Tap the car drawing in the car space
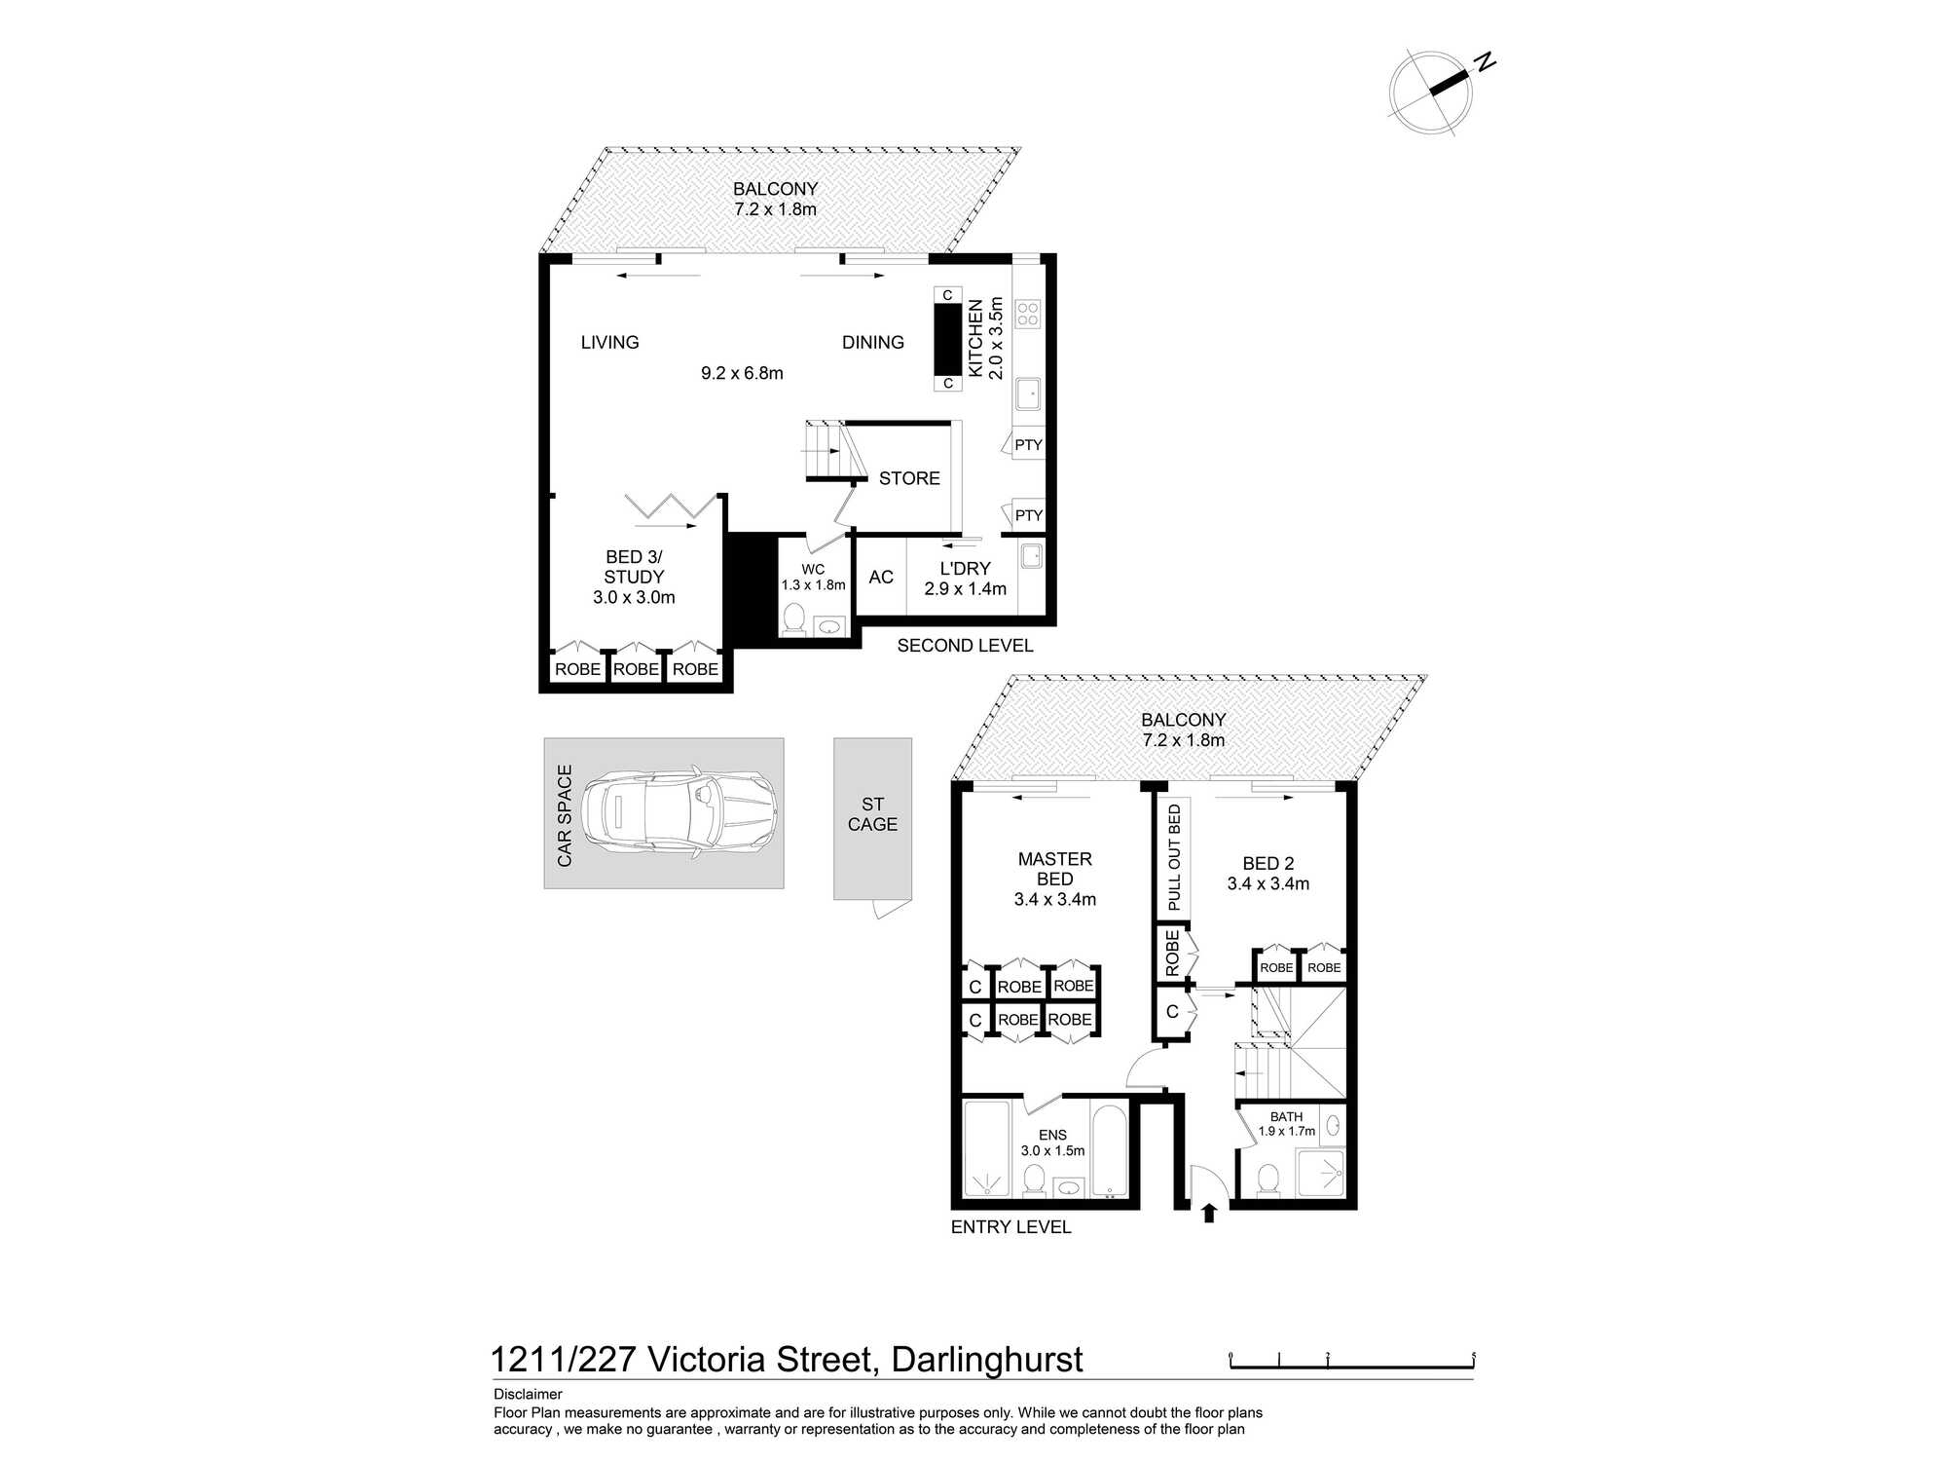(679, 813)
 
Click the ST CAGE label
(872, 814)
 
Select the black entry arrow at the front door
(1209, 1212)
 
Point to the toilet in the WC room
(794, 618)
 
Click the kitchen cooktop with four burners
(1028, 314)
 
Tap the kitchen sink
(1028, 394)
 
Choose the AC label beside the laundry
(881, 578)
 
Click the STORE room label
(909, 478)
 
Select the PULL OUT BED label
(1174, 857)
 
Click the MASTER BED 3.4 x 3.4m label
(1055, 880)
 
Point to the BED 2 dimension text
(1268, 884)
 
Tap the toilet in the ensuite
(1034, 1181)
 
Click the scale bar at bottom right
(1352, 1362)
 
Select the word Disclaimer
(528, 1394)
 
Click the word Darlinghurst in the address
(987, 1360)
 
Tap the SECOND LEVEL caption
(965, 646)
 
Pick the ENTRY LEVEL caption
(1010, 1227)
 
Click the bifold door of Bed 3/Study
(672, 506)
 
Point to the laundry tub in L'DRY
(1032, 556)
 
